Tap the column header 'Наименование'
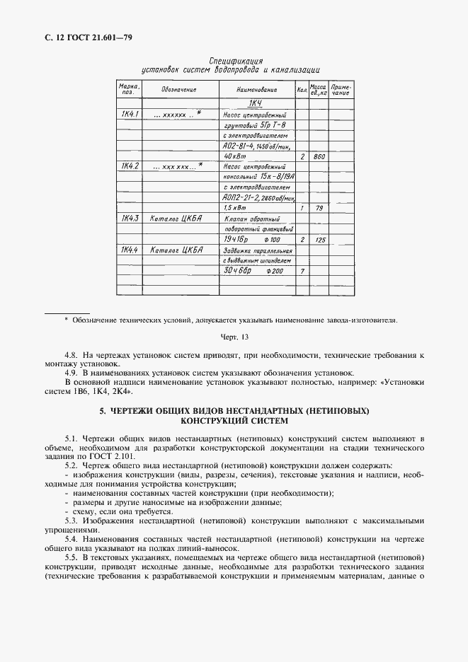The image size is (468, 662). coord(256,91)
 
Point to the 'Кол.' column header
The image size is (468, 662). coord(302,91)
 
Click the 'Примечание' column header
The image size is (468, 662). coord(341,91)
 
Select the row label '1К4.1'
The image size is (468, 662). coord(130,114)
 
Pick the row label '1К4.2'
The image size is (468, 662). coord(130,166)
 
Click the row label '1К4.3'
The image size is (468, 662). coord(130,219)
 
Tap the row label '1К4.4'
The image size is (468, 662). coord(130,250)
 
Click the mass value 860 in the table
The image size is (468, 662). coord(319,156)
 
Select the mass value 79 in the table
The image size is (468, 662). coord(319,209)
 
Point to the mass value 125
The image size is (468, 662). coord(319,240)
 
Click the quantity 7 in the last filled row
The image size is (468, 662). coord(302,272)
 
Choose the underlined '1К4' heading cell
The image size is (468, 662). coord(256,104)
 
